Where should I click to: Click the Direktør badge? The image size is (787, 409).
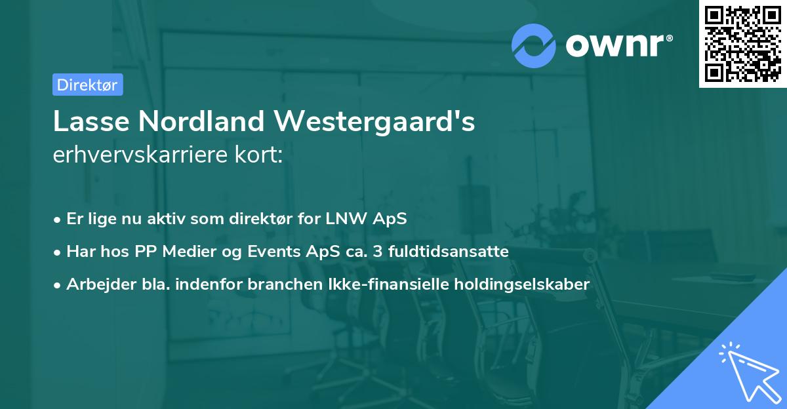87,85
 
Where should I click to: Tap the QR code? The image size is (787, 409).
742,44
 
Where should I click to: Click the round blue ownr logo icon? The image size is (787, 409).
534,46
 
